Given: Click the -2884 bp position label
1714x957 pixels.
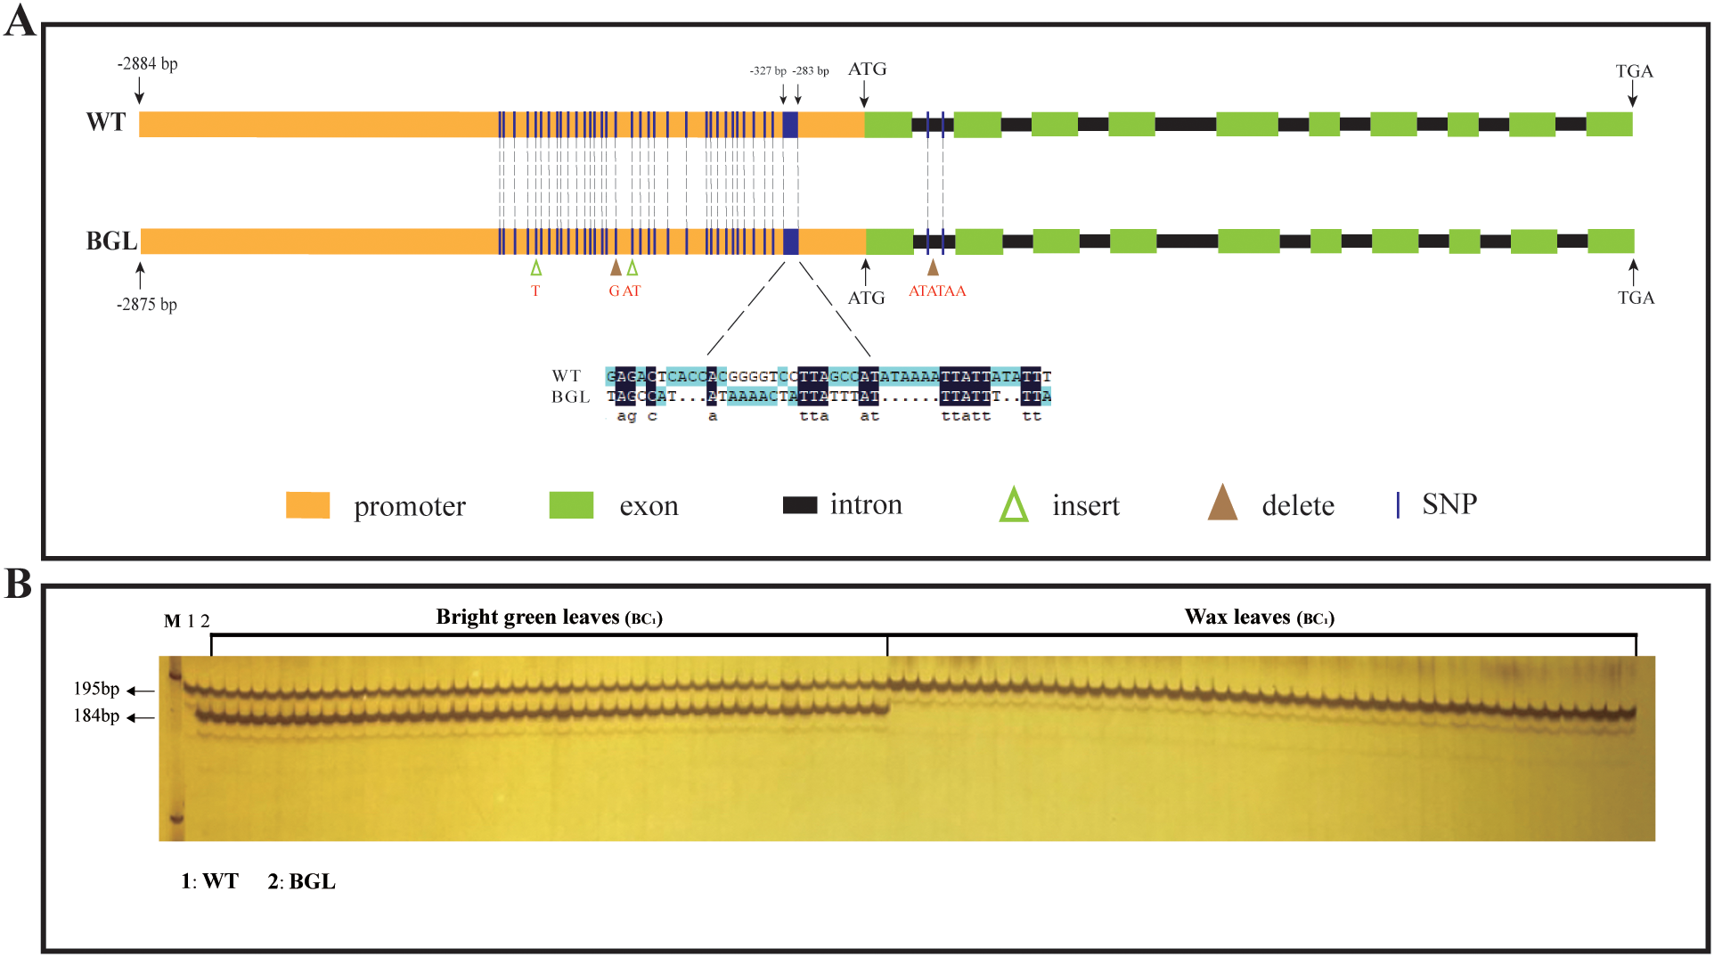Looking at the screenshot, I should (147, 63).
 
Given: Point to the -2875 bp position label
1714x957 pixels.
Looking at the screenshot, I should (147, 304).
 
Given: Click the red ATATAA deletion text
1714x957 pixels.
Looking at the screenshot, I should (936, 290).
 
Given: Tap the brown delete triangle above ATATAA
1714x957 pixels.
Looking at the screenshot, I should (933, 266).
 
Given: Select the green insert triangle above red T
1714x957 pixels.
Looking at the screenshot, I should (535, 267).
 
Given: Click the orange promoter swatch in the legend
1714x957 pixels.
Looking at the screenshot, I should (307, 504).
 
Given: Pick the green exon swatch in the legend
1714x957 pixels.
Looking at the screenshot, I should (571, 504).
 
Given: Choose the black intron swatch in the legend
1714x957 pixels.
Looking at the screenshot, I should (799, 504).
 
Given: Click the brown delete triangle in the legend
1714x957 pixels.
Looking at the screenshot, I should (1222, 503).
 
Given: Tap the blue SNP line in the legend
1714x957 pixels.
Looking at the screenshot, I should (1398, 504).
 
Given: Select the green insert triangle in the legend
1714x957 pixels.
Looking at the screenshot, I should (1014, 504).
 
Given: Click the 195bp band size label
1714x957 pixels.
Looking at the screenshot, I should (96, 689).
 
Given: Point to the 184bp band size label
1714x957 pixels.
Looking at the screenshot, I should (96, 716).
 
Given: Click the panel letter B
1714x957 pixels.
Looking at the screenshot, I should (18, 584).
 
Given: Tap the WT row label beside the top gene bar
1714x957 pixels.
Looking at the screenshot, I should (106, 122).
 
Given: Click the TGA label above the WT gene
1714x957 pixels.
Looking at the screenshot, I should (1634, 71).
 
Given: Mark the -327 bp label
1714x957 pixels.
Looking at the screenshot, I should (767, 70).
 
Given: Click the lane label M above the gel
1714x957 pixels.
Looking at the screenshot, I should (172, 621).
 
